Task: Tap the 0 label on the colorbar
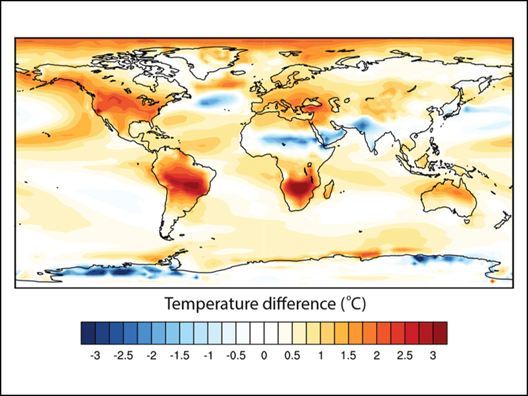pos(264,355)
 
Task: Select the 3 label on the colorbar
pos(433,355)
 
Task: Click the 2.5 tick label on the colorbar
pos(404,355)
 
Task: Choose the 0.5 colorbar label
pos(292,355)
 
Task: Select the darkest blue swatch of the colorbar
pos(88,333)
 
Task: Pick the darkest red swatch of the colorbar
pos(440,333)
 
